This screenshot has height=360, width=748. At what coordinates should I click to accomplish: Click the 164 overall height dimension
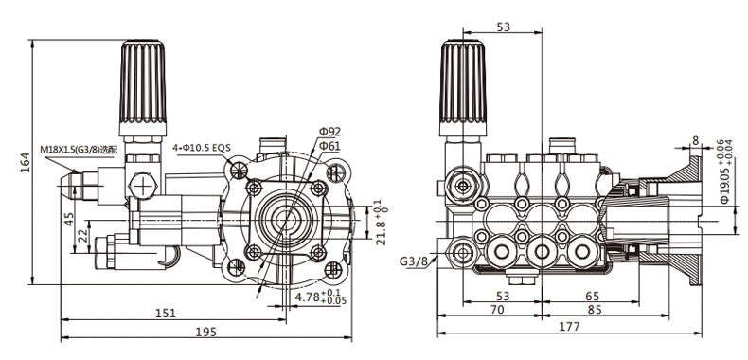click(26, 162)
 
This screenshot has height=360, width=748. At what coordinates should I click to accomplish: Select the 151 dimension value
click(166, 314)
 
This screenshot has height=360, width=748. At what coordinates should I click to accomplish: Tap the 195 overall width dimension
click(206, 332)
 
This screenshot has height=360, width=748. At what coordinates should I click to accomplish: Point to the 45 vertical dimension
click(70, 219)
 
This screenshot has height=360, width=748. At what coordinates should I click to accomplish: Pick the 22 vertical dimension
click(83, 235)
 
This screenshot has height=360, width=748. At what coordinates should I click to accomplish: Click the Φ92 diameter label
click(330, 132)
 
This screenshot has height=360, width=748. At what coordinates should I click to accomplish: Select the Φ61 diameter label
click(329, 145)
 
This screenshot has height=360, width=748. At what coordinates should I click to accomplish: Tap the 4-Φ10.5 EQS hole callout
click(202, 148)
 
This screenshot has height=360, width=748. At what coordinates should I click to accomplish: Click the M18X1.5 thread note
click(79, 150)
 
